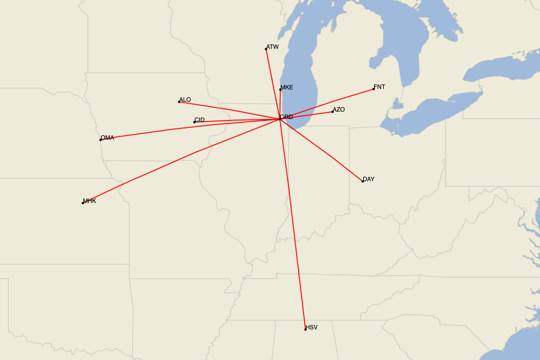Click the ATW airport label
[x=272, y=47]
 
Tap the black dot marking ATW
[x=266, y=49]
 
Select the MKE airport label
[x=287, y=87]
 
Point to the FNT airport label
[x=379, y=87]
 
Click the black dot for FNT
[x=373, y=89]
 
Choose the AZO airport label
[x=338, y=109]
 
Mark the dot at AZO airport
[x=332, y=111]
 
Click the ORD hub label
[x=286, y=117]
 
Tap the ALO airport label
[x=185, y=100]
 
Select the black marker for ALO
[x=179, y=102]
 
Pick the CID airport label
[x=199, y=120]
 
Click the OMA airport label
[x=107, y=138]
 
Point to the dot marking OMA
[x=100, y=140]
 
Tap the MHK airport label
[x=89, y=201]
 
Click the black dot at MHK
[x=83, y=203]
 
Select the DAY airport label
[x=368, y=179]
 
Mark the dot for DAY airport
[x=362, y=181]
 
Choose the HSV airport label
[x=311, y=327]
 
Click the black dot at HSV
[x=305, y=329]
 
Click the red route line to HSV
[x=292, y=225]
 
